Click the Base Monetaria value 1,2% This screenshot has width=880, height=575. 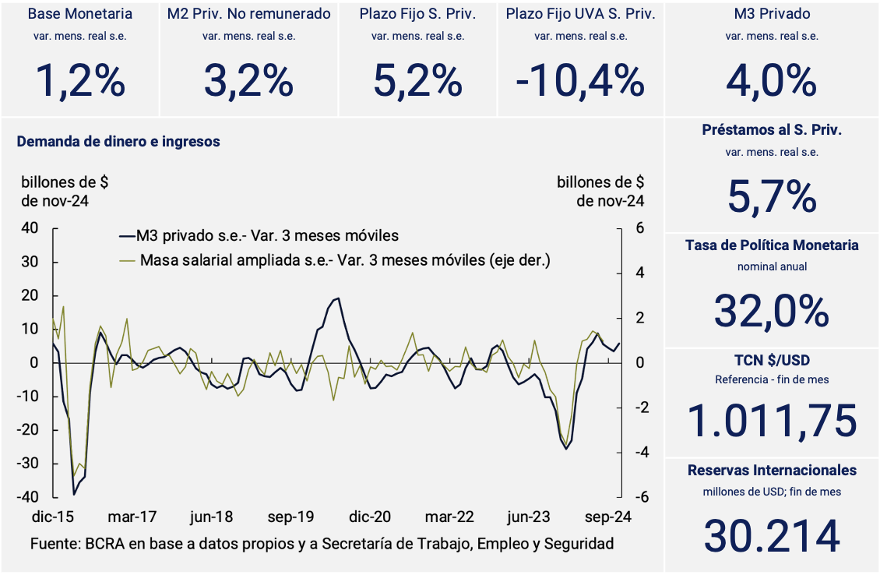coord(80,79)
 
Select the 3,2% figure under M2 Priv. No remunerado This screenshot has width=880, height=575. coord(248,79)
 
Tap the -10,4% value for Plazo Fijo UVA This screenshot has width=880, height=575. coord(579,79)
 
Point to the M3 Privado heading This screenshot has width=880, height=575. coord(772,14)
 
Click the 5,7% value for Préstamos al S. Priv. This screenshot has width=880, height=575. coord(772,196)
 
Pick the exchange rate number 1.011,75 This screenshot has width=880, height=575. coord(772,420)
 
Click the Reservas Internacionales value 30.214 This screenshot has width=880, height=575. coord(772,535)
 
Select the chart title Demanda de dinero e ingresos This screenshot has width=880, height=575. coord(118,142)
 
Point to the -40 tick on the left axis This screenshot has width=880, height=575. coord(29,497)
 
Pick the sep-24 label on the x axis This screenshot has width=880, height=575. coord(608,517)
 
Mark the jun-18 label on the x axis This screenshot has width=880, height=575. coord(211,517)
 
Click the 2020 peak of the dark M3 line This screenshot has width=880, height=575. coord(337,298)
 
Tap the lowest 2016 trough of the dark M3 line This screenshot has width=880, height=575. coord(74,494)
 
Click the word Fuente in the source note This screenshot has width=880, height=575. coord(52,544)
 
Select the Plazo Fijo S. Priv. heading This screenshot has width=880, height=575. coord(417,14)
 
